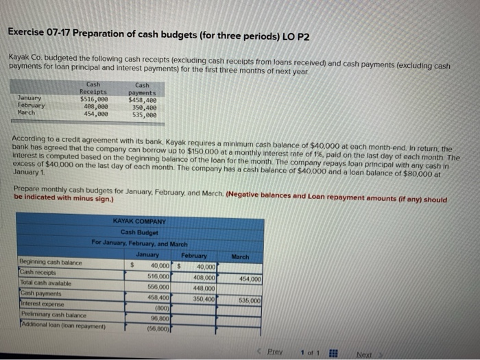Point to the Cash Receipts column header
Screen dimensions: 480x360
tap(93, 87)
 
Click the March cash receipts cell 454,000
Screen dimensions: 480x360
tap(248, 279)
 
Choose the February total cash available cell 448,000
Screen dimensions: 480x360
tap(204, 288)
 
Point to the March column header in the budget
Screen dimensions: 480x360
tap(241, 257)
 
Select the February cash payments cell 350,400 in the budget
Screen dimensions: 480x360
tap(204, 299)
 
